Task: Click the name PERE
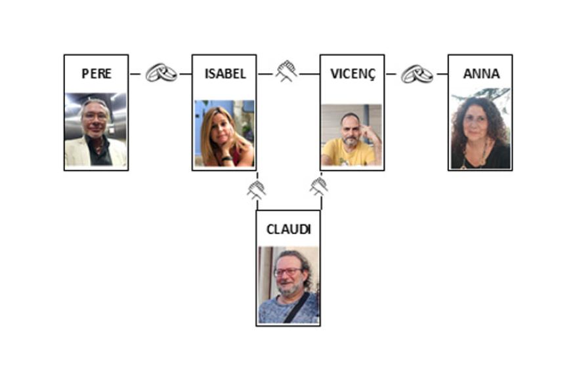[x=96, y=73]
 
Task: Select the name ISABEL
[x=225, y=73]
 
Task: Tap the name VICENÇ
[x=352, y=73]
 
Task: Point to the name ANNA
[x=480, y=73]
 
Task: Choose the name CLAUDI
[x=288, y=229]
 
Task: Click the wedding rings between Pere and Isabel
[x=161, y=73]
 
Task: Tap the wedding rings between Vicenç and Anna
[x=417, y=73]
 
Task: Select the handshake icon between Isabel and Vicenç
[x=287, y=71]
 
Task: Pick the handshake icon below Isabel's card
[x=256, y=189]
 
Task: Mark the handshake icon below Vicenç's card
[x=319, y=186]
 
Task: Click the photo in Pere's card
[x=96, y=129]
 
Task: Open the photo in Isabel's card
[x=224, y=132]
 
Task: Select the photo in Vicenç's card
[x=352, y=134]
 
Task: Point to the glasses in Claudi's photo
[x=287, y=271]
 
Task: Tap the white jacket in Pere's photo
[x=76, y=153]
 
